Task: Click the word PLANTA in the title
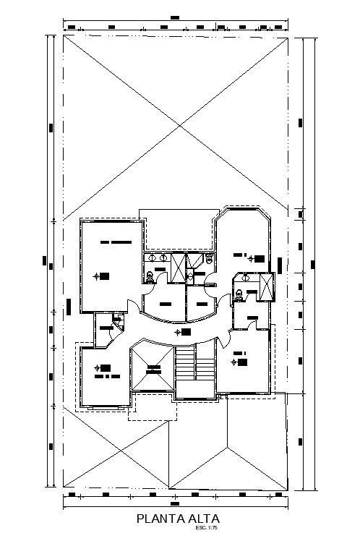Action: pos(160,519)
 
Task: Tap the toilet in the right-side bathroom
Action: pos(238,293)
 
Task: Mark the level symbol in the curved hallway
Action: pos(179,332)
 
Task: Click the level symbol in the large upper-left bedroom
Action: pos(97,276)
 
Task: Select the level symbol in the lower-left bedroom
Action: pos(95,367)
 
